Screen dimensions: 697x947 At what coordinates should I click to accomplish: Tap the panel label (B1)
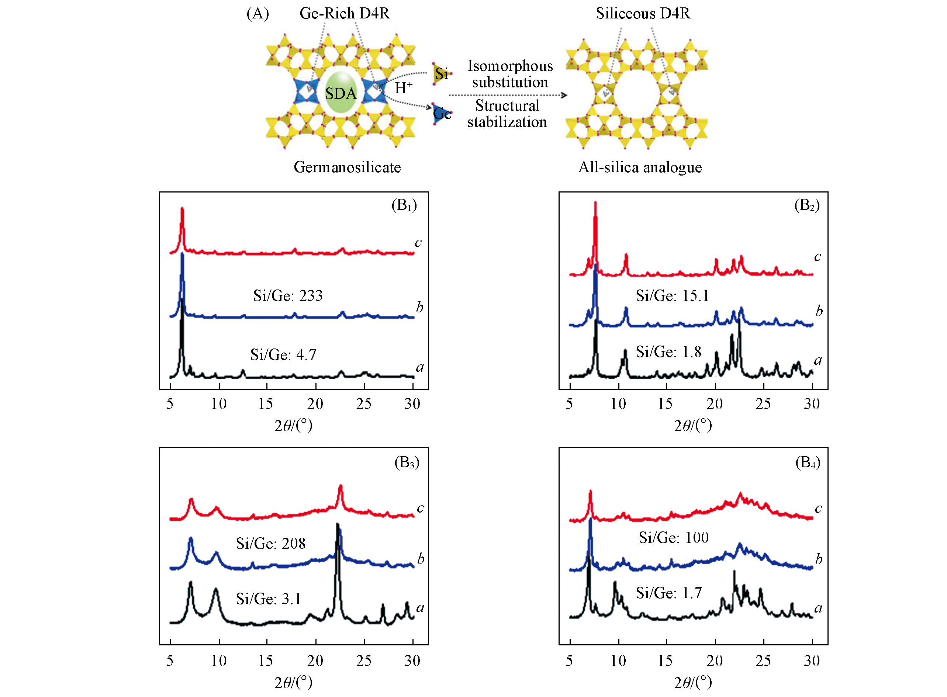coord(404,205)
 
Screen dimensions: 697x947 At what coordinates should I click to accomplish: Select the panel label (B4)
coord(807,463)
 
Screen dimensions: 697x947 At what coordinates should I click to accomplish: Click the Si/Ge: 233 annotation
coord(288,296)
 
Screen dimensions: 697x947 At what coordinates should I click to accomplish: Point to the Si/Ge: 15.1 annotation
coord(672,296)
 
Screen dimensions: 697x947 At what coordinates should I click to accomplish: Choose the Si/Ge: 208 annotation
coord(270,544)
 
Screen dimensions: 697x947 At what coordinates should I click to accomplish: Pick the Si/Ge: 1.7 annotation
coord(668,593)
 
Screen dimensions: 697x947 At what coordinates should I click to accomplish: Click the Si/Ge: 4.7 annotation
coord(283,355)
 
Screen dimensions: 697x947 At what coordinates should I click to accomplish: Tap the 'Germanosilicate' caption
coord(347,167)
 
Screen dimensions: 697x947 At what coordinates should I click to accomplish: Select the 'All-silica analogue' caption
coord(640,167)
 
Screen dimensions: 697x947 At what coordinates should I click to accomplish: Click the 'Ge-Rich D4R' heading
coord(344,14)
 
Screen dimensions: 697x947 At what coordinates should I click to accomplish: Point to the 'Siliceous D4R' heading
coord(643,14)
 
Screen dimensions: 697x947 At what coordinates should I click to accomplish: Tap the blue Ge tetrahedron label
coord(442,114)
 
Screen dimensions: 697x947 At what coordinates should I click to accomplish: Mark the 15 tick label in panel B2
coord(665,404)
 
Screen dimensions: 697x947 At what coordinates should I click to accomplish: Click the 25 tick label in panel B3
coord(363,661)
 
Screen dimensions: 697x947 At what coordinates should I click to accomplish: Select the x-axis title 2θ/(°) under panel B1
coord(293,425)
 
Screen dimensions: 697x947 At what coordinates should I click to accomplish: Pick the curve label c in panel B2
coord(818,257)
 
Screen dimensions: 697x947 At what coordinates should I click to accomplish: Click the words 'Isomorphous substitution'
coord(510,74)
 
